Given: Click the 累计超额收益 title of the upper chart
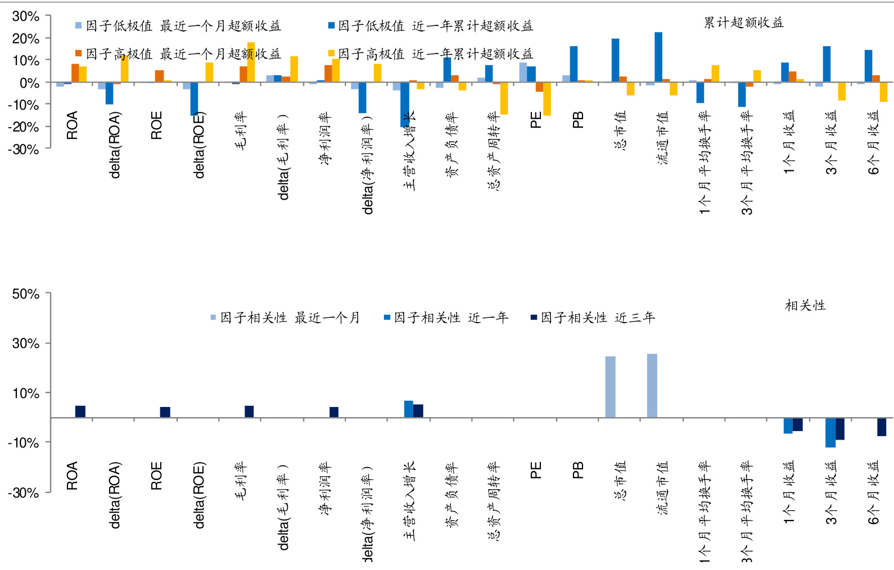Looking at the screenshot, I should tap(743, 22).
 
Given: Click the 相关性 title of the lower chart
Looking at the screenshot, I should tap(805, 305).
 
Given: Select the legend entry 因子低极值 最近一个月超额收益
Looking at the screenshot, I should tap(178, 26).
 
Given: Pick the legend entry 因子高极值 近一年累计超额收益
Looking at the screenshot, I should tap(431, 54).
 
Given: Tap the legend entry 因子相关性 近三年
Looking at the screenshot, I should tap(593, 318).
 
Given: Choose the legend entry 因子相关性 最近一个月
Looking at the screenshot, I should tap(285, 318).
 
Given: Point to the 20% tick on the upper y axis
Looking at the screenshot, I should tap(25, 39).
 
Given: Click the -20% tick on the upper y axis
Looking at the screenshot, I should tap(23, 127).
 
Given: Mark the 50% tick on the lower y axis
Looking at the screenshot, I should tap(25, 294).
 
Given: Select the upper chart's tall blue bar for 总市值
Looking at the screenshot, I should tap(615, 60).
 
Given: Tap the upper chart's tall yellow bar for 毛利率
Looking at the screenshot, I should tap(251, 62).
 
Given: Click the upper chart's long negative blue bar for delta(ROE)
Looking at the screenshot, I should tap(194, 99).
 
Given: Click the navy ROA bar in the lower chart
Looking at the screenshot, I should tap(80, 411).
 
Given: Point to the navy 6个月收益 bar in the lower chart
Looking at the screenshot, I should tap(881, 427).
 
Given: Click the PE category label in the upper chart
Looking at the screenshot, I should tap(536, 120).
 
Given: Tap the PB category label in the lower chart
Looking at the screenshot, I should tap(578, 470).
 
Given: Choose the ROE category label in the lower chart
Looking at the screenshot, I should tap(156, 476).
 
